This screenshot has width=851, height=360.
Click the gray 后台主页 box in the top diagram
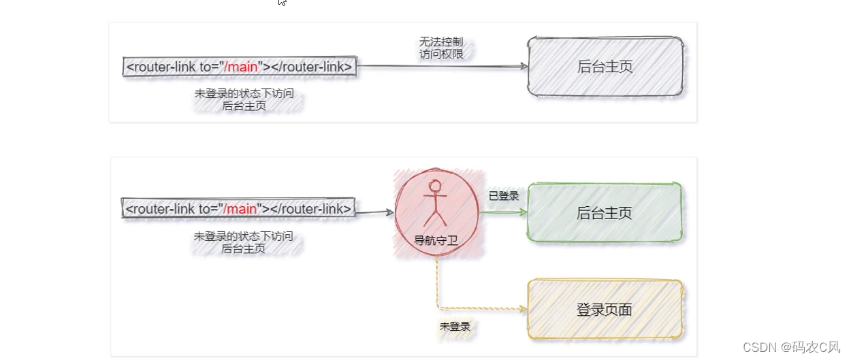[x=605, y=66]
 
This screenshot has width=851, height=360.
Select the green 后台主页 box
[x=605, y=212]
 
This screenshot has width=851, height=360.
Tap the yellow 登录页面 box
[x=605, y=310]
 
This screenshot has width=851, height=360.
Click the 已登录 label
[x=504, y=196]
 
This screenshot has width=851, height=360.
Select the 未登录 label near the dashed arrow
[x=455, y=326]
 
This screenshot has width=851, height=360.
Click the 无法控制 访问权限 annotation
[x=442, y=48]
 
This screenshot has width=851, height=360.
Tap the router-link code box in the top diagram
[x=239, y=67]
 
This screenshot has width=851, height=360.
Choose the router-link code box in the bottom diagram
[x=238, y=208]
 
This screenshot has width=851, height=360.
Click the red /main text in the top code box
[x=240, y=67]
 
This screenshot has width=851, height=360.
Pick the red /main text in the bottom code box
[x=240, y=208]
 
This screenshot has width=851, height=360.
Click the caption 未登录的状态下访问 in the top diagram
[x=244, y=94]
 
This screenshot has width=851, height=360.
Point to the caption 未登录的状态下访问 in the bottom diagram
[x=243, y=236]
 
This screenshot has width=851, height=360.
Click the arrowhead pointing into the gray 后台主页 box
[x=524, y=66]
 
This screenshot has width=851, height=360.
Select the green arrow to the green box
[x=504, y=212]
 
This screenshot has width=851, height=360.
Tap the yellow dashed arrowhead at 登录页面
[x=524, y=309]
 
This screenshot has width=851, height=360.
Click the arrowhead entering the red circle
[x=390, y=212]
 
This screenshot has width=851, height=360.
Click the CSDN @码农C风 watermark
[x=791, y=346]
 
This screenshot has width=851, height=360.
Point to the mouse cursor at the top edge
[x=282, y=3]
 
